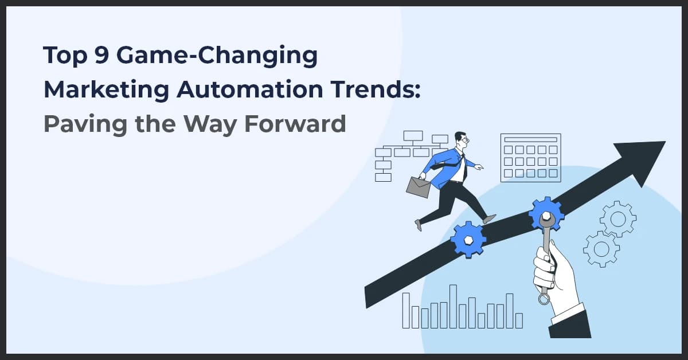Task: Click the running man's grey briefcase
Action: point(419,186)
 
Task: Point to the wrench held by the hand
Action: point(545,258)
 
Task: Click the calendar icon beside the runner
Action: point(530,158)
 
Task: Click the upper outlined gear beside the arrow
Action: point(617,218)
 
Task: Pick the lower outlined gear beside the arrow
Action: point(601,249)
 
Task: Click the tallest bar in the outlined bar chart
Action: point(453,306)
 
